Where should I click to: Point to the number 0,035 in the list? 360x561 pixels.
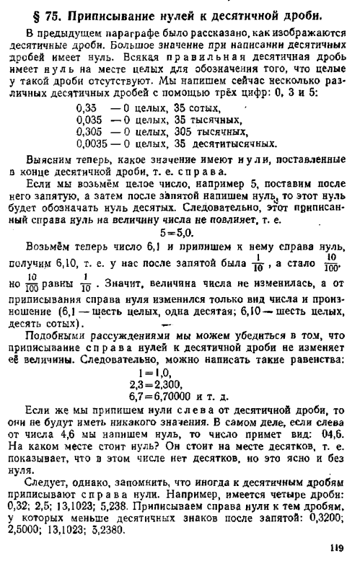[89, 120]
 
